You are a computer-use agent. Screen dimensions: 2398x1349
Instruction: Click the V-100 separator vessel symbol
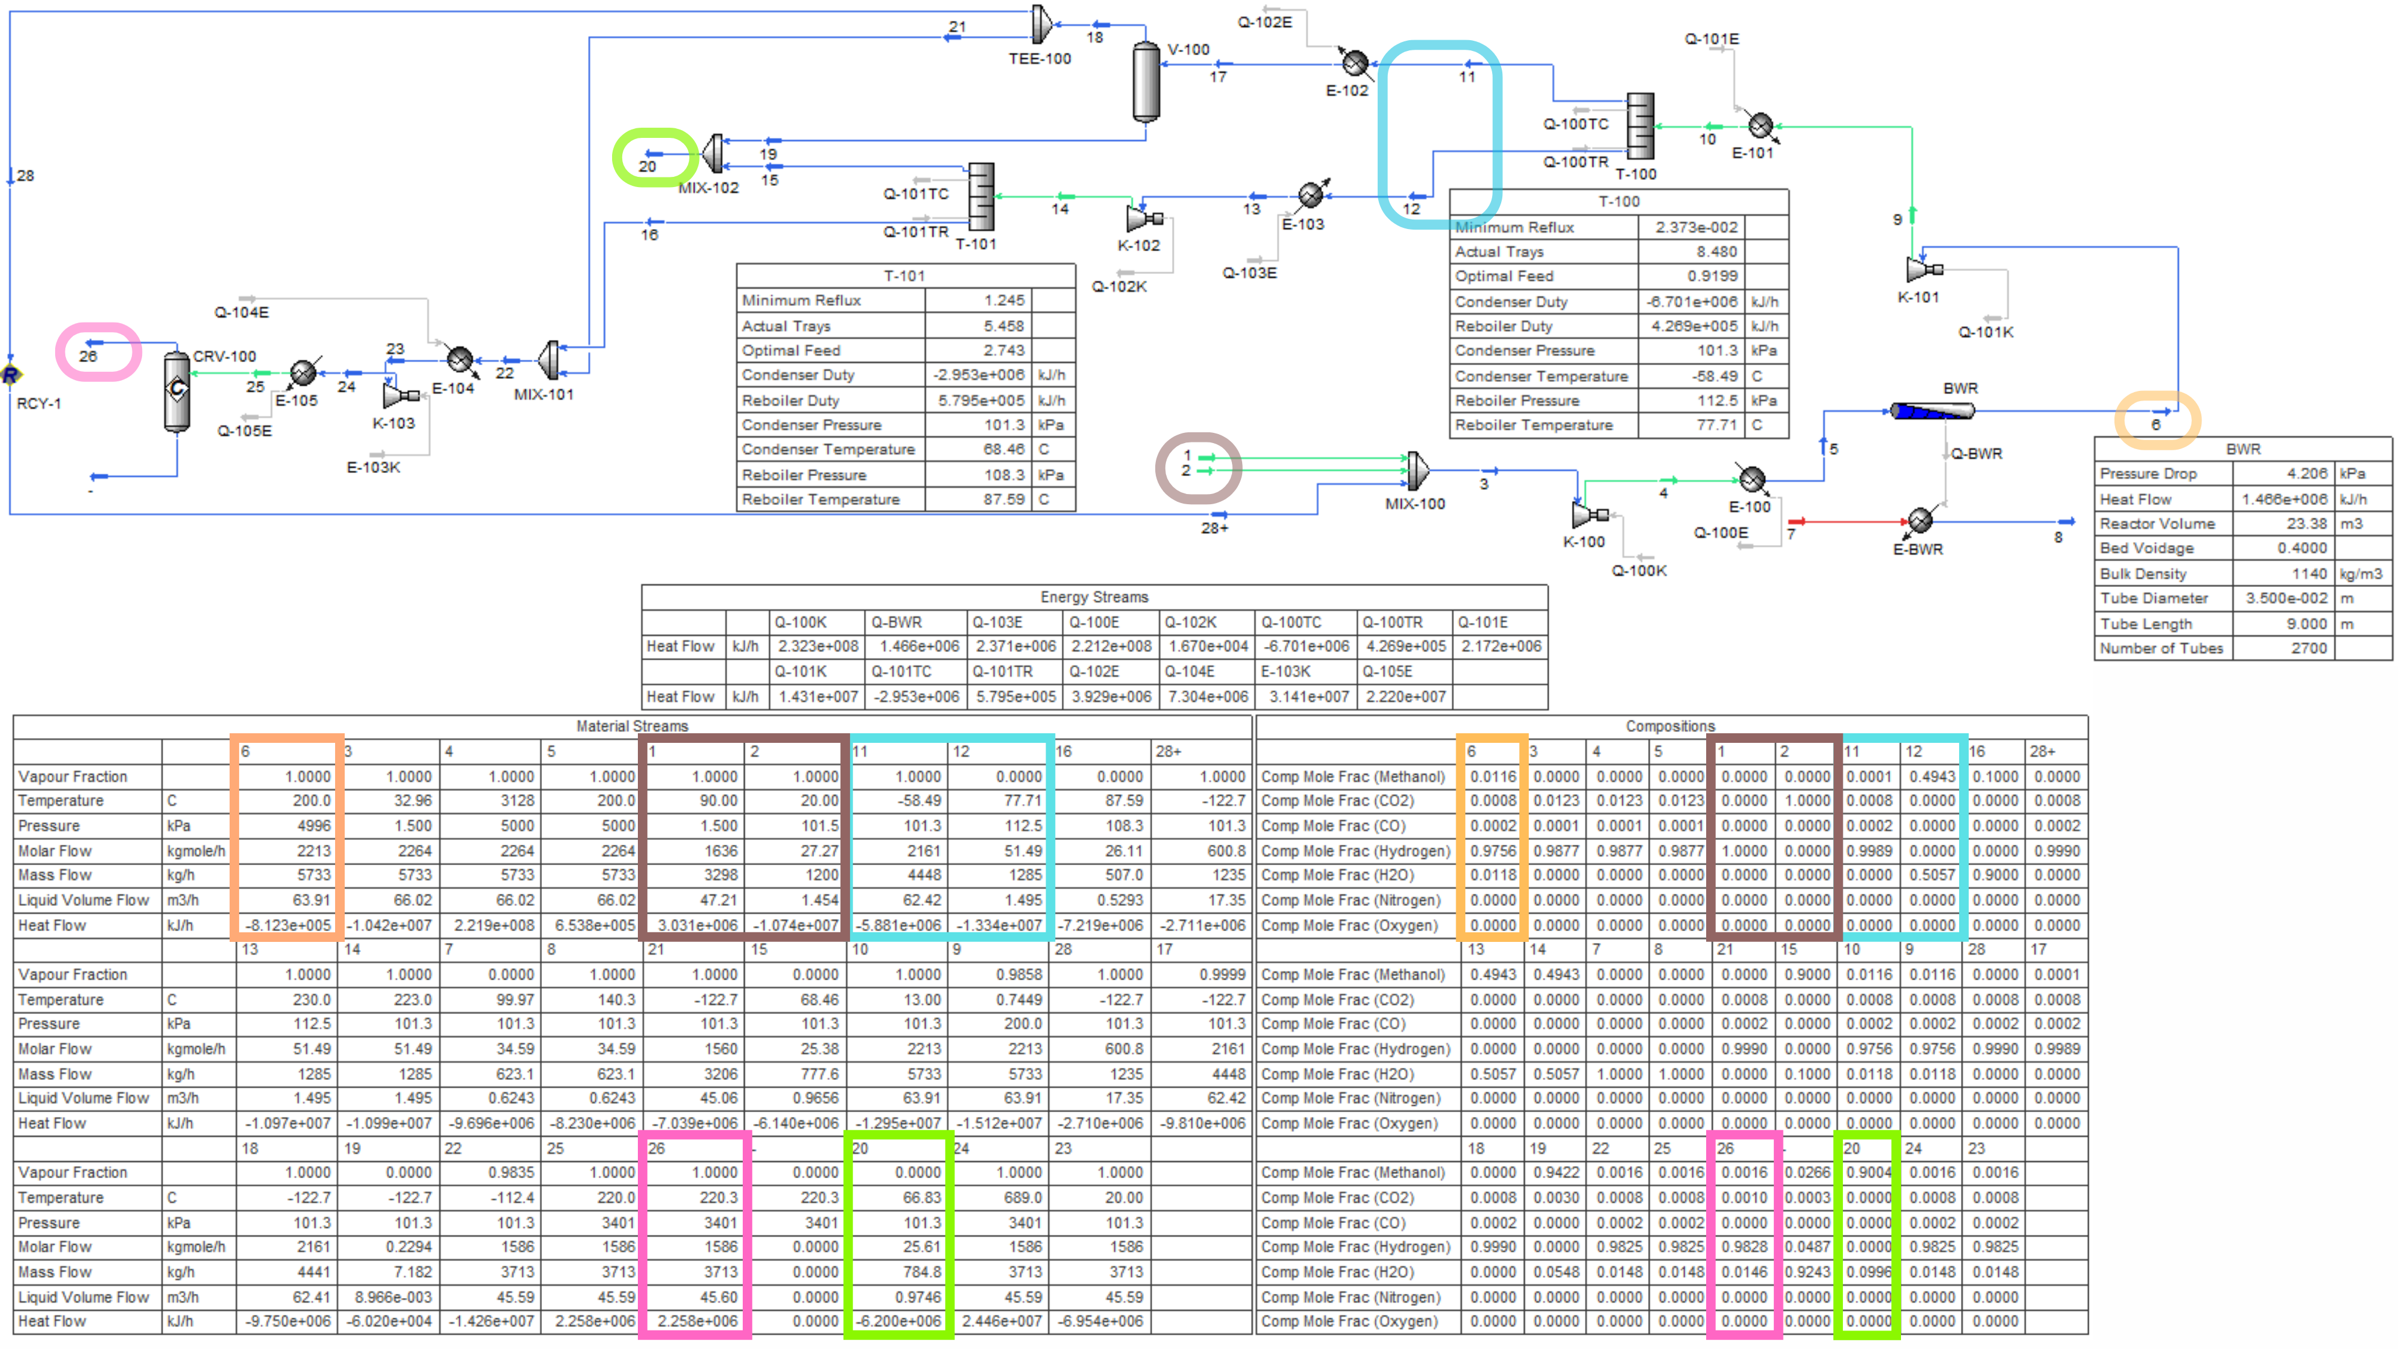[1146, 82]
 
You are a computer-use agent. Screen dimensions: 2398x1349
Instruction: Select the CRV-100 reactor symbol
[177, 390]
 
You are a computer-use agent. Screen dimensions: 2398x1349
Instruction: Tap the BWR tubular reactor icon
[1932, 411]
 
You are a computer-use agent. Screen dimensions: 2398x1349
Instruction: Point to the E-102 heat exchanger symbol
[1355, 64]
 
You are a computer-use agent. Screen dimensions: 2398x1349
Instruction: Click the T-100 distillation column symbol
[1640, 127]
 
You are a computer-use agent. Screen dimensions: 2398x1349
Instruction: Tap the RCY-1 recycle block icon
[10, 375]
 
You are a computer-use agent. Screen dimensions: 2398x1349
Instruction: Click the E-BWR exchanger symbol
[1920, 520]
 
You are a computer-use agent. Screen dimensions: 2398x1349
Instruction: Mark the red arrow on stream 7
[1797, 522]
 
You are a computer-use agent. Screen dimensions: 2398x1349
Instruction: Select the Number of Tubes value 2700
[2309, 649]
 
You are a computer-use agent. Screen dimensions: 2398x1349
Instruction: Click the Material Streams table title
[632, 726]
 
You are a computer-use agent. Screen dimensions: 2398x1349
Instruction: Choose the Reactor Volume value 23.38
[2307, 524]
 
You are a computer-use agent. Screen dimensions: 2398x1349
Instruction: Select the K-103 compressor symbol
[400, 396]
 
